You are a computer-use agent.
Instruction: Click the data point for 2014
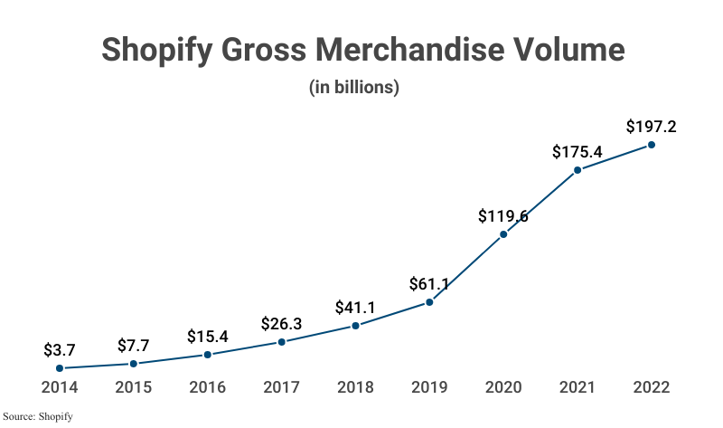coord(60,368)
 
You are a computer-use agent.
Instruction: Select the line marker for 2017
coord(282,342)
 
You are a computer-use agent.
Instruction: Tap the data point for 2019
coord(429,302)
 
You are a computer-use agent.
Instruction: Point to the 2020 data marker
coord(503,234)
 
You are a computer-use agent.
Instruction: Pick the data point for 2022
coord(652,145)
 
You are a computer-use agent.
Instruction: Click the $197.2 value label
coord(652,127)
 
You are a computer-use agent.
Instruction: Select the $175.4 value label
coord(577,152)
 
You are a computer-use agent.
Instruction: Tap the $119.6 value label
coord(503,216)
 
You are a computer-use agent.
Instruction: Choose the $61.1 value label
coord(429,284)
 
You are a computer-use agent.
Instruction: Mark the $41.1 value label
coord(356,308)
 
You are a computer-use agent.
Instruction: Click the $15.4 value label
coord(208,337)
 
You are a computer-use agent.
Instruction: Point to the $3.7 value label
coord(60,350)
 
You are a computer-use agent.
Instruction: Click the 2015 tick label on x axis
coord(134,387)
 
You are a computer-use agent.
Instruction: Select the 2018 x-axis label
coord(356,387)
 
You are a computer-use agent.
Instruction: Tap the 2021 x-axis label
coord(577,387)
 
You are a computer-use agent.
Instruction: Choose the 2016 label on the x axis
coord(208,387)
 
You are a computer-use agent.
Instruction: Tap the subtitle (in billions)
coord(355,88)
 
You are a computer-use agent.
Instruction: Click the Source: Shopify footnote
coord(37,416)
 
